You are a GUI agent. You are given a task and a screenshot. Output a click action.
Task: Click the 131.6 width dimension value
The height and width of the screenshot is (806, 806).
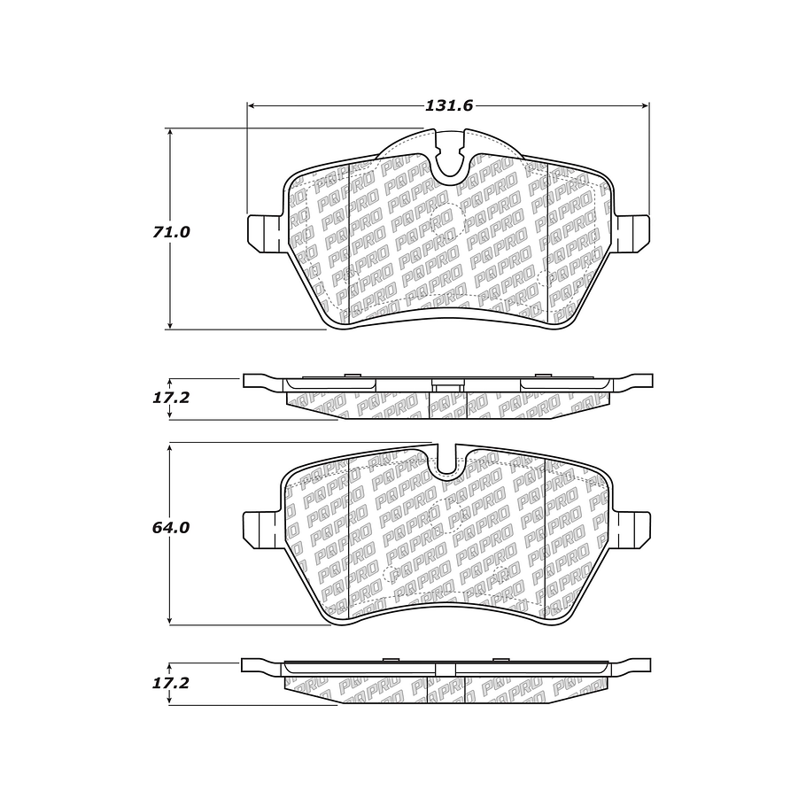(x=450, y=105)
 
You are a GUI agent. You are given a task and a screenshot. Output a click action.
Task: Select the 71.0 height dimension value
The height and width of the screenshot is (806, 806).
(x=170, y=232)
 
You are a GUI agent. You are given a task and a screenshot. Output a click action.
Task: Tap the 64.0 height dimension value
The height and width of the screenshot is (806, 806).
(x=170, y=527)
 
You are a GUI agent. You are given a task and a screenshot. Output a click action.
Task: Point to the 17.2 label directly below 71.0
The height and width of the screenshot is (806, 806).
(x=170, y=398)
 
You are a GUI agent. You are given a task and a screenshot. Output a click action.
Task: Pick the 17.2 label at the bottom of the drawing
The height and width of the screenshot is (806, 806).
(x=170, y=683)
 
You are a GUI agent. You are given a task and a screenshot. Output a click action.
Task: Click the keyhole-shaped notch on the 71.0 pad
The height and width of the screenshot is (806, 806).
(x=451, y=156)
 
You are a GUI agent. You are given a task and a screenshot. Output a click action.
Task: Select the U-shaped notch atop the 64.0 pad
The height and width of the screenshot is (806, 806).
(x=447, y=460)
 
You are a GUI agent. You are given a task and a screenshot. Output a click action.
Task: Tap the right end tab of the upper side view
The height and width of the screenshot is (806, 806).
(x=635, y=381)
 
